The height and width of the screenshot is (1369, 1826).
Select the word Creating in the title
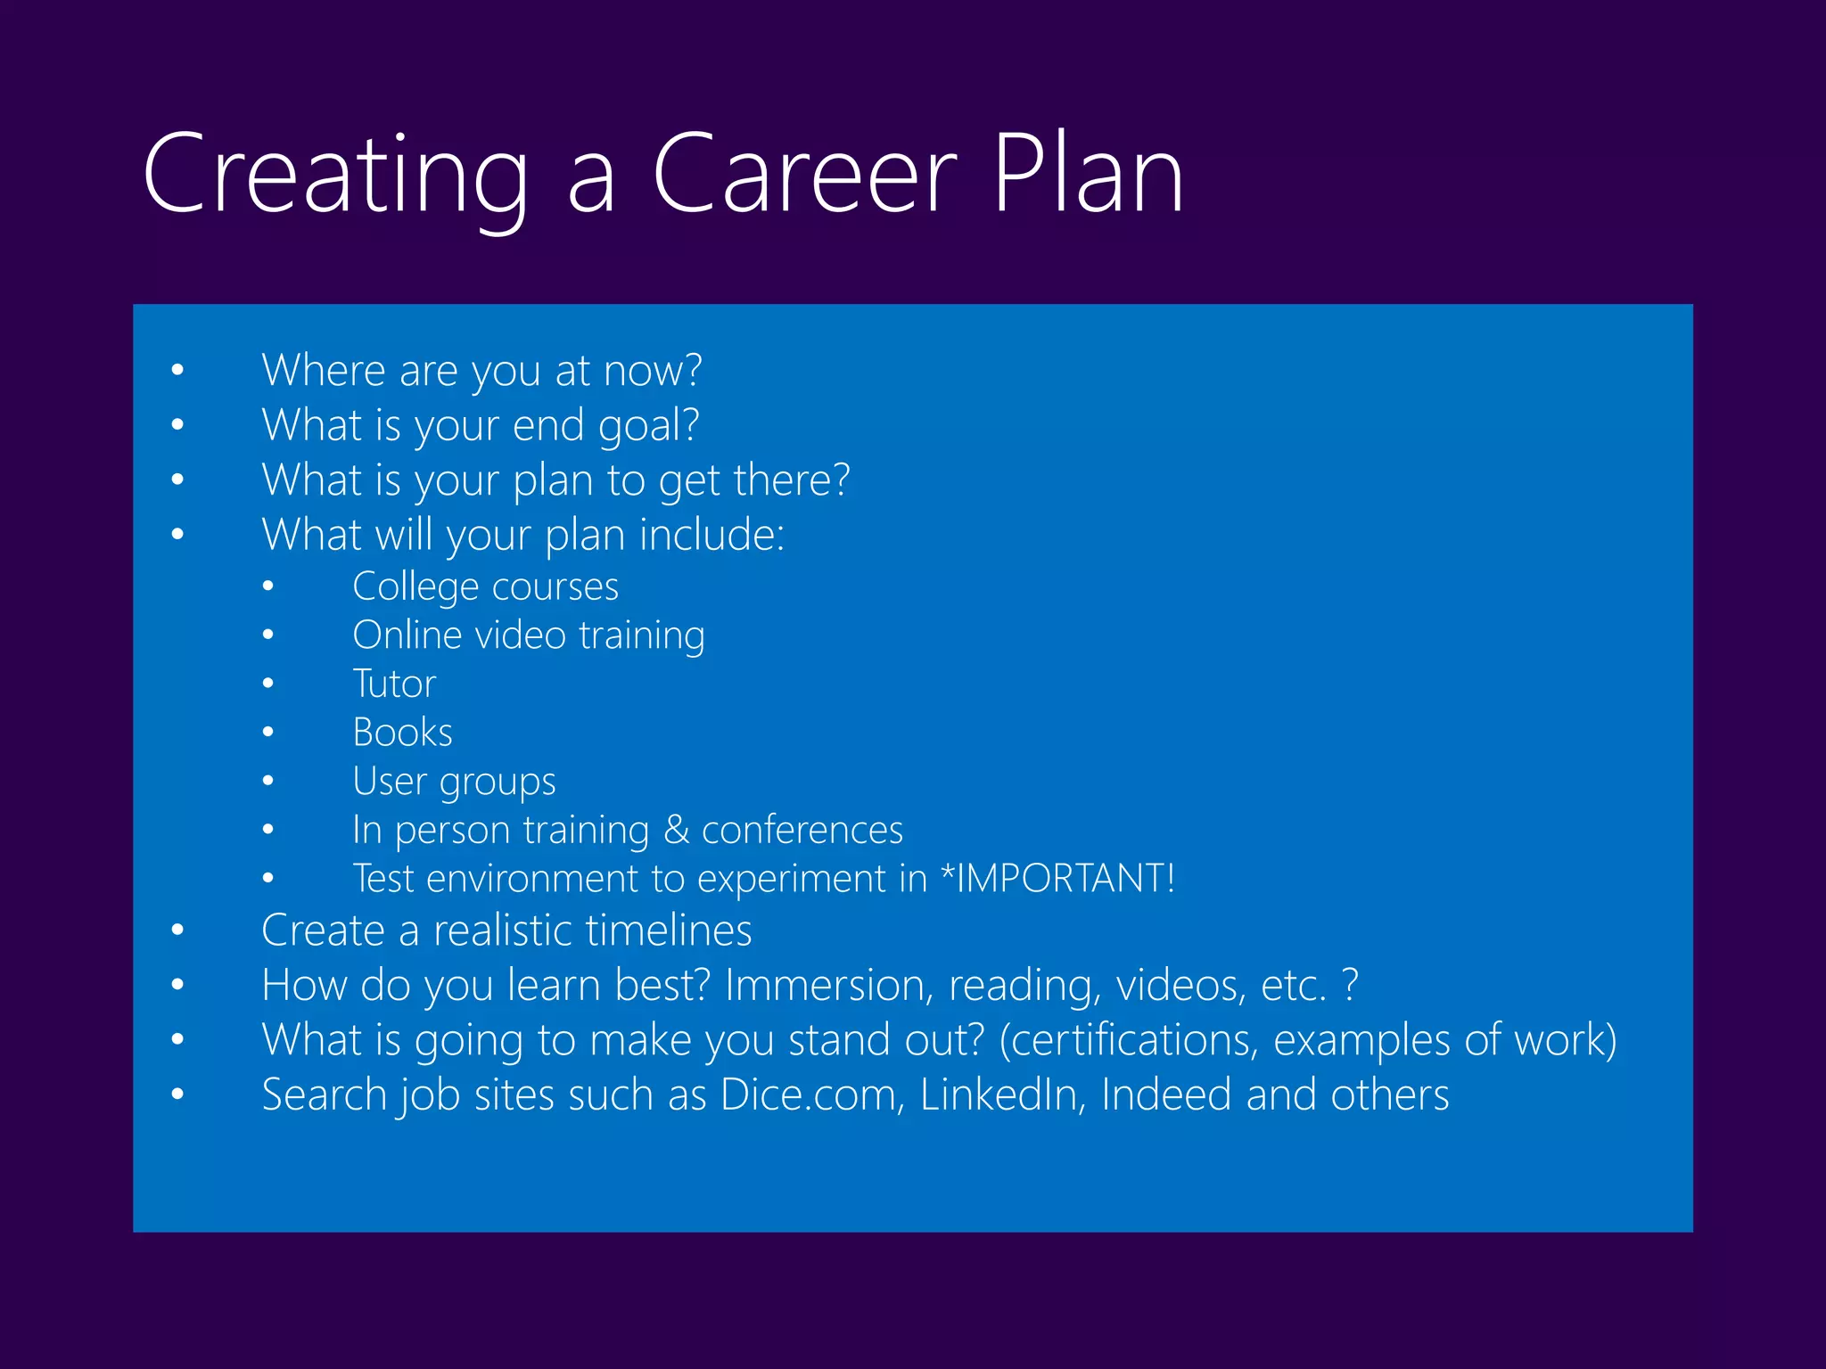(x=335, y=176)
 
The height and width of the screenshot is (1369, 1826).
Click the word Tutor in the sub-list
(x=394, y=684)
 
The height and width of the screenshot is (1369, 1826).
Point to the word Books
(x=402, y=733)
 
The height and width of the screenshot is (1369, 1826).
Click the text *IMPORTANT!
(x=1058, y=878)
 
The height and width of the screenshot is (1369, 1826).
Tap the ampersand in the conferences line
(x=676, y=830)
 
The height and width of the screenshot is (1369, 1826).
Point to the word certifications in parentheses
(x=1129, y=1040)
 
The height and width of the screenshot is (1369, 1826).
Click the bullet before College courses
(x=267, y=586)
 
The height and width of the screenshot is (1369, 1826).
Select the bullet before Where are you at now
(x=177, y=370)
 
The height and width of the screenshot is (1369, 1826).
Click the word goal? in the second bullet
(x=648, y=426)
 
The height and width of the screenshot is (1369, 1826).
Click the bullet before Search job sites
(x=177, y=1094)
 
